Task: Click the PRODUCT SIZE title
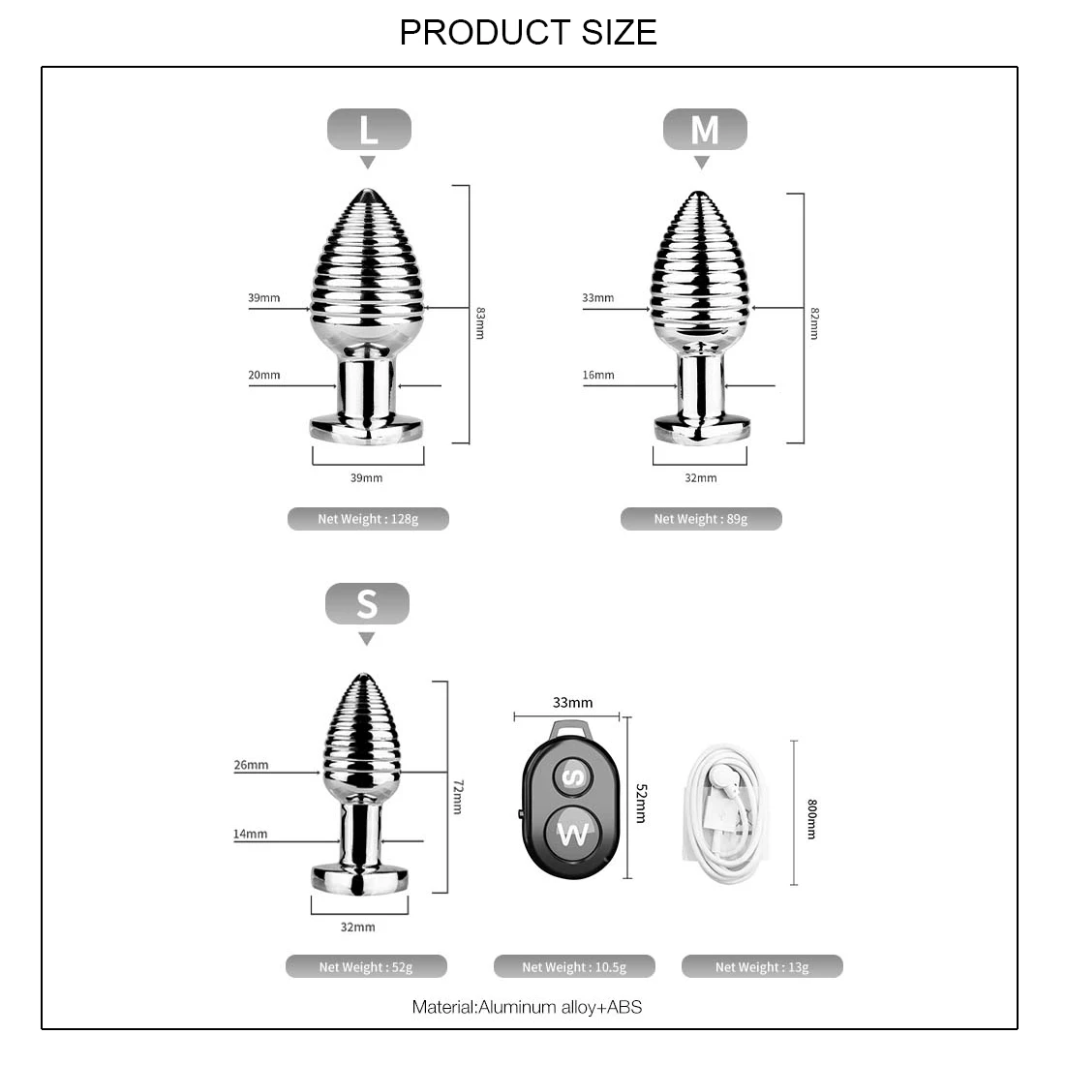pos(528,32)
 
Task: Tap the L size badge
pos(369,130)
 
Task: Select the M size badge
pos(704,130)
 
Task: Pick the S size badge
pos(367,604)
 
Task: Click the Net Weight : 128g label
pos(368,519)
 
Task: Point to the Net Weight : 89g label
pos(701,519)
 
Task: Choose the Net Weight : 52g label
pos(366,966)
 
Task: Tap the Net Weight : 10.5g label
pos(574,966)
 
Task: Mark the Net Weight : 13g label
pos(762,966)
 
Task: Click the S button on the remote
pos(573,776)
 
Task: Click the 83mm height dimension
pos(480,322)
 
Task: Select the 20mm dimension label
pos(263,375)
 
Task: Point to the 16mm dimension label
pos(598,375)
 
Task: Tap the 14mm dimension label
pos(250,834)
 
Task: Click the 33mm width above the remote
pos(572,703)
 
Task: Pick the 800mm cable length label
pos(811,819)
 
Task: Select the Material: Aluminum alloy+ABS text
pos(527,1007)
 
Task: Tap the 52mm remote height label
pos(641,804)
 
